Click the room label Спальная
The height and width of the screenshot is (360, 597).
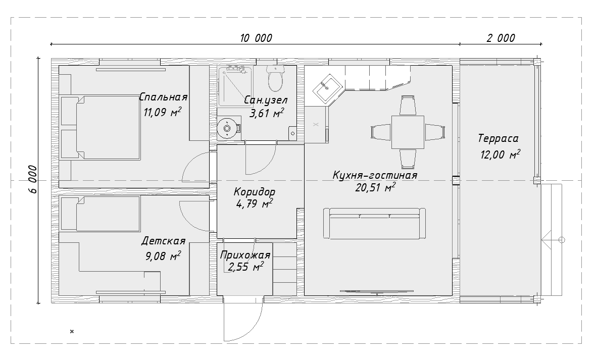(x=163, y=97)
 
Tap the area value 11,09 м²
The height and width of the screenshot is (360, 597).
(x=162, y=112)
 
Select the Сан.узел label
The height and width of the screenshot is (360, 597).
(x=266, y=100)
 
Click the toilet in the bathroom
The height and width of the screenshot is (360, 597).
(x=275, y=78)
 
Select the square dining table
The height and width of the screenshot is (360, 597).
(x=408, y=132)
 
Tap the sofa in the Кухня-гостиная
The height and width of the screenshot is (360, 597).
(x=375, y=223)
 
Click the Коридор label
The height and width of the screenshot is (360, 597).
(x=255, y=191)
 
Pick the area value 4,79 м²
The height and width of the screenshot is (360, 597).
(x=255, y=204)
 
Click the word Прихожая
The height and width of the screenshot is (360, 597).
(x=245, y=255)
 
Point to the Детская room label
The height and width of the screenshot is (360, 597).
(x=163, y=241)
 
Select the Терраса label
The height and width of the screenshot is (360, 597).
(x=499, y=138)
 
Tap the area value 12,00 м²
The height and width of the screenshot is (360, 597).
(x=501, y=155)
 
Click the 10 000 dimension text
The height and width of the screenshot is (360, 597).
(x=256, y=38)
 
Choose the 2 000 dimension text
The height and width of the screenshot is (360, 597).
(x=501, y=38)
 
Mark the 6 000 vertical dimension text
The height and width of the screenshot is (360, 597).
(x=33, y=179)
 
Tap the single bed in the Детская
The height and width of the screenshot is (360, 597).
(x=101, y=214)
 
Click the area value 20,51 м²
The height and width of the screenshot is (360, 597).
(x=375, y=187)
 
